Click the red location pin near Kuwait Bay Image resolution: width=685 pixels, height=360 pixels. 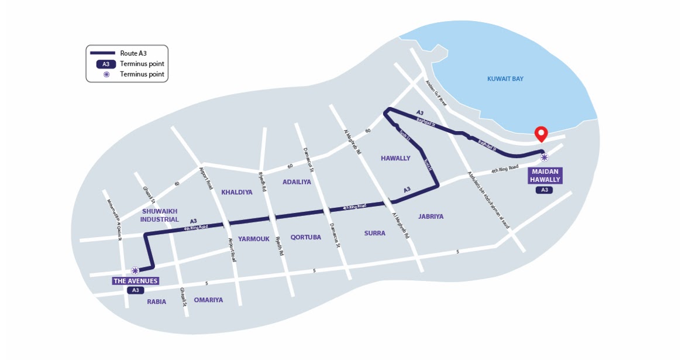(x=541, y=133)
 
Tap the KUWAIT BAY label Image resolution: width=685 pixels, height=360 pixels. (x=505, y=78)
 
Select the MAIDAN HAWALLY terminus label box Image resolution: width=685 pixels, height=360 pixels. (x=545, y=176)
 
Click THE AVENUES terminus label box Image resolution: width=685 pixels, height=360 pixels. (x=136, y=281)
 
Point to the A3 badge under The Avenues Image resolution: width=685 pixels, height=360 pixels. (x=135, y=290)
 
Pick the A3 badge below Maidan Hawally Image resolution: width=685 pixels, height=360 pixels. (x=544, y=190)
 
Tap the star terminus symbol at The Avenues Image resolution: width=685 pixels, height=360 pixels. (x=135, y=270)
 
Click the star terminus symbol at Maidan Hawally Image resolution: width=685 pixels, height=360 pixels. (x=544, y=157)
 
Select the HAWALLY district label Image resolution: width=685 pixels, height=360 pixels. (x=395, y=158)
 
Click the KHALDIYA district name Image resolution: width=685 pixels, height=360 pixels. (x=236, y=192)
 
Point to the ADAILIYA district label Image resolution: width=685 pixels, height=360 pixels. (x=297, y=182)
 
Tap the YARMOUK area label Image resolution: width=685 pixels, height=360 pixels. (x=253, y=239)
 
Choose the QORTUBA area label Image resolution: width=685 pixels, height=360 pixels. (x=305, y=237)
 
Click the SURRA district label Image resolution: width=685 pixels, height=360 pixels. (x=374, y=233)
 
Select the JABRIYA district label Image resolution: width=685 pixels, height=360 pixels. (x=431, y=217)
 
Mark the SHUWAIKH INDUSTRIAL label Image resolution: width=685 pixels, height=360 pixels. (x=159, y=215)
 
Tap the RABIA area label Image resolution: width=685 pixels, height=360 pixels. (x=156, y=302)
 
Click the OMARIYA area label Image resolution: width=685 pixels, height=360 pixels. (x=208, y=300)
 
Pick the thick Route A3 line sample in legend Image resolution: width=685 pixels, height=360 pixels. (x=102, y=53)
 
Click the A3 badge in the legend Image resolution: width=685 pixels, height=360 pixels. (x=106, y=64)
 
